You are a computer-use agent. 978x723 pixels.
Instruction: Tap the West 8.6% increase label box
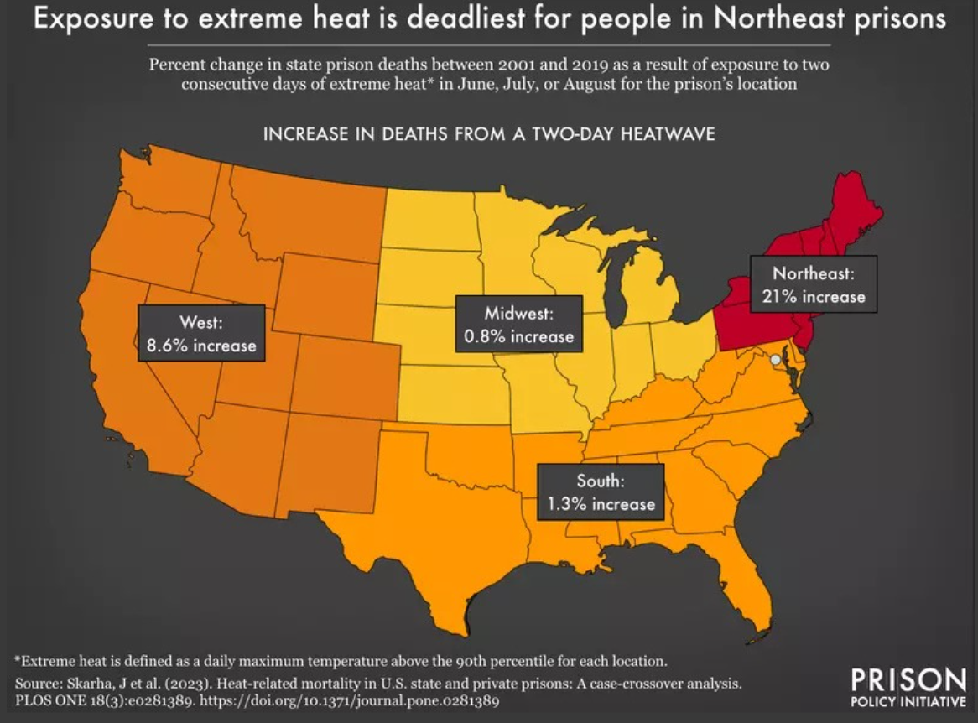point(201,333)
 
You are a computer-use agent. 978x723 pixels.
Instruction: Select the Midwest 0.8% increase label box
point(518,325)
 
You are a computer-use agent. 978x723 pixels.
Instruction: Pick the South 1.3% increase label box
point(600,492)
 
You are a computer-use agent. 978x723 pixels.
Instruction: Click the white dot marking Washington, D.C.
point(776,359)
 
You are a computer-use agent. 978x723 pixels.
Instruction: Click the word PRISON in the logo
point(908,679)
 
